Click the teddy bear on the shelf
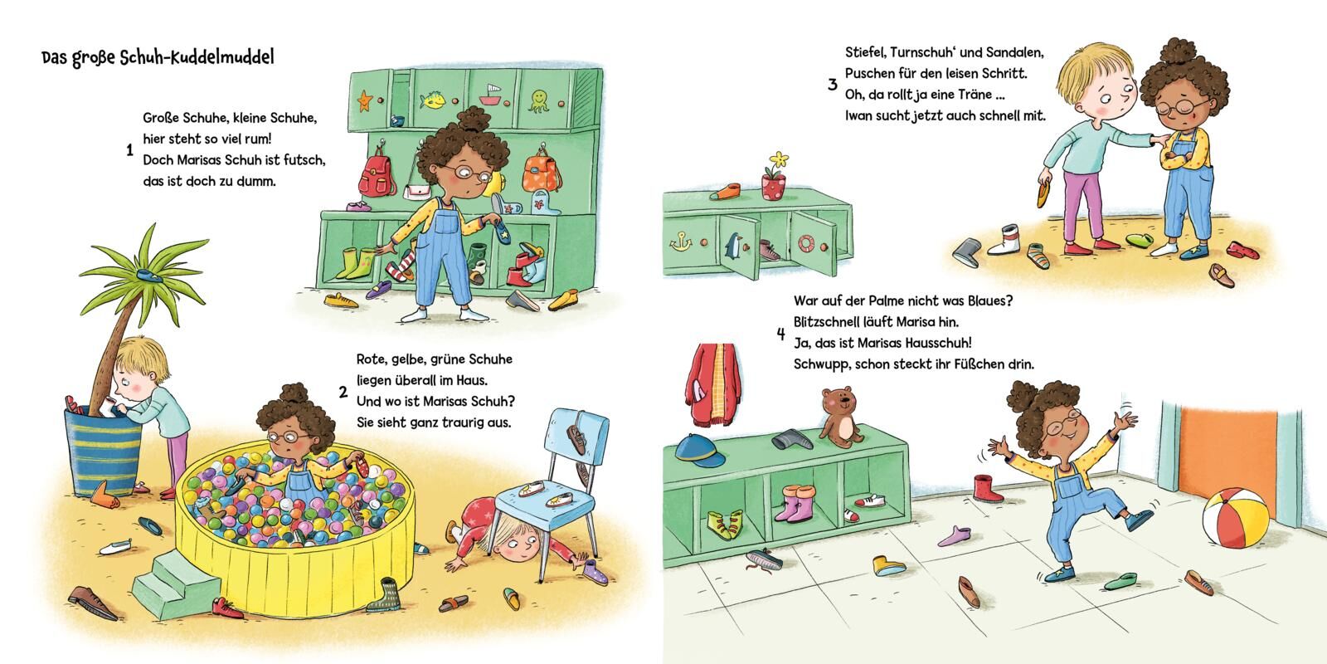[x=840, y=417]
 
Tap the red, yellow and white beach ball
[x=1235, y=518]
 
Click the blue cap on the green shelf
[x=699, y=451]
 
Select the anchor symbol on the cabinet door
[x=681, y=241]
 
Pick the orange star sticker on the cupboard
[x=364, y=100]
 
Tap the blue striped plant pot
[x=103, y=452]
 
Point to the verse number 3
[x=833, y=84]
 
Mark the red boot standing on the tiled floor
[x=986, y=488]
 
